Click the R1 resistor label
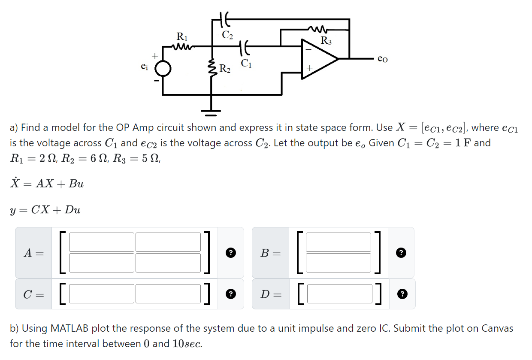pos(182,36)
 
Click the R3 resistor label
pos(326,41)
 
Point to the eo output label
pos(383,58)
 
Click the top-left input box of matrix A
pos(102,242)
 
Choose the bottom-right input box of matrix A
pos(168,263)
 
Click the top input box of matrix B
pos(338,242)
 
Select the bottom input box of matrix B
pos(338,263)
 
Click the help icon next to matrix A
pos(230,253)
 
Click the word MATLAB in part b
pos(70,329)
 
